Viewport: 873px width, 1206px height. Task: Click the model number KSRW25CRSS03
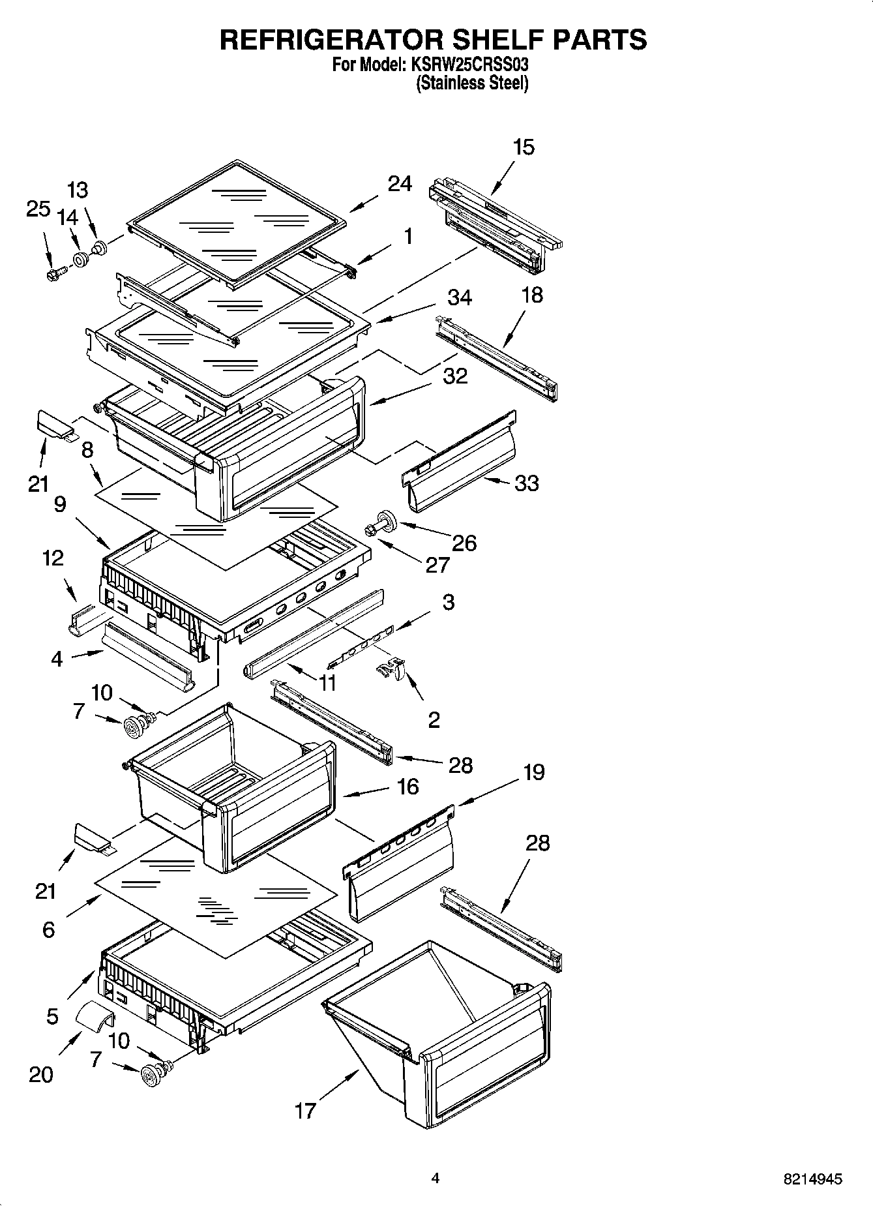click(x=468, y=65)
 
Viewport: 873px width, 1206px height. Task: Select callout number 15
click(x=523, y=147)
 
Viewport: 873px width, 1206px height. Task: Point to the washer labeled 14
click(x=81, y=260)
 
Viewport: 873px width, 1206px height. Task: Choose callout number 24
click(x=400, y=185)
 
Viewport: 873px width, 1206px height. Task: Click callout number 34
click(x=460, y=297)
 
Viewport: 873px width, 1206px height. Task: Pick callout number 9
click(x=60, y=505)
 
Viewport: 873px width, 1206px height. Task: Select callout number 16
click(x=407, y=787)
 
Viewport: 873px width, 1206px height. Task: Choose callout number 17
click(x=305, y=1111)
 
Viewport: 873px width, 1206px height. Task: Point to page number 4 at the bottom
click(x=436, y=1178)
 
